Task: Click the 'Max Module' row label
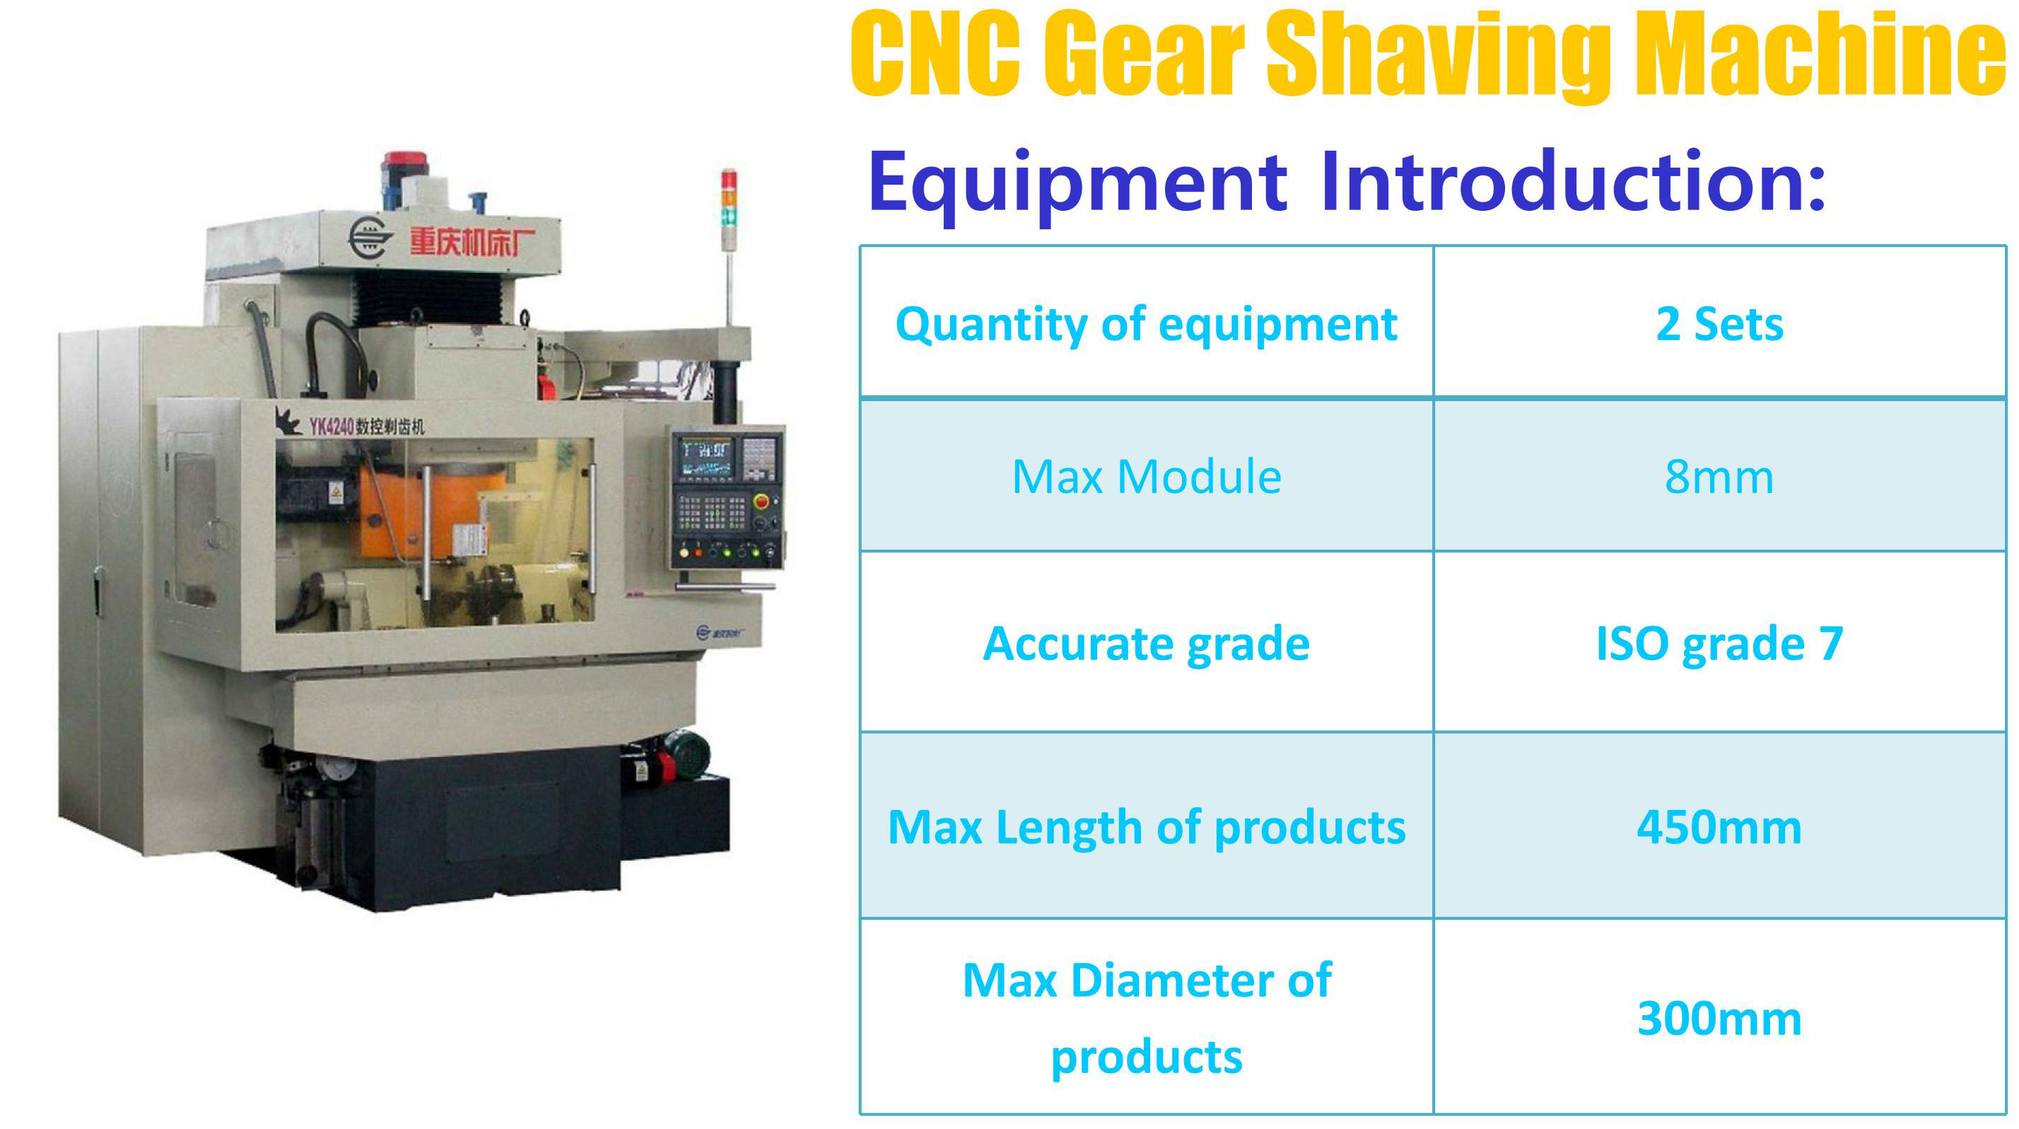point(1147,477)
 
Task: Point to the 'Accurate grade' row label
point(1147,644)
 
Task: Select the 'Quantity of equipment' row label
point(1147,325)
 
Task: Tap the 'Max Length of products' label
point(1147,828)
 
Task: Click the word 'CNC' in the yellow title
point(937,53)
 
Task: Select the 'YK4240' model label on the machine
point(331,427)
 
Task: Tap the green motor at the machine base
point(686,755)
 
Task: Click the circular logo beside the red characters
point(369,238)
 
